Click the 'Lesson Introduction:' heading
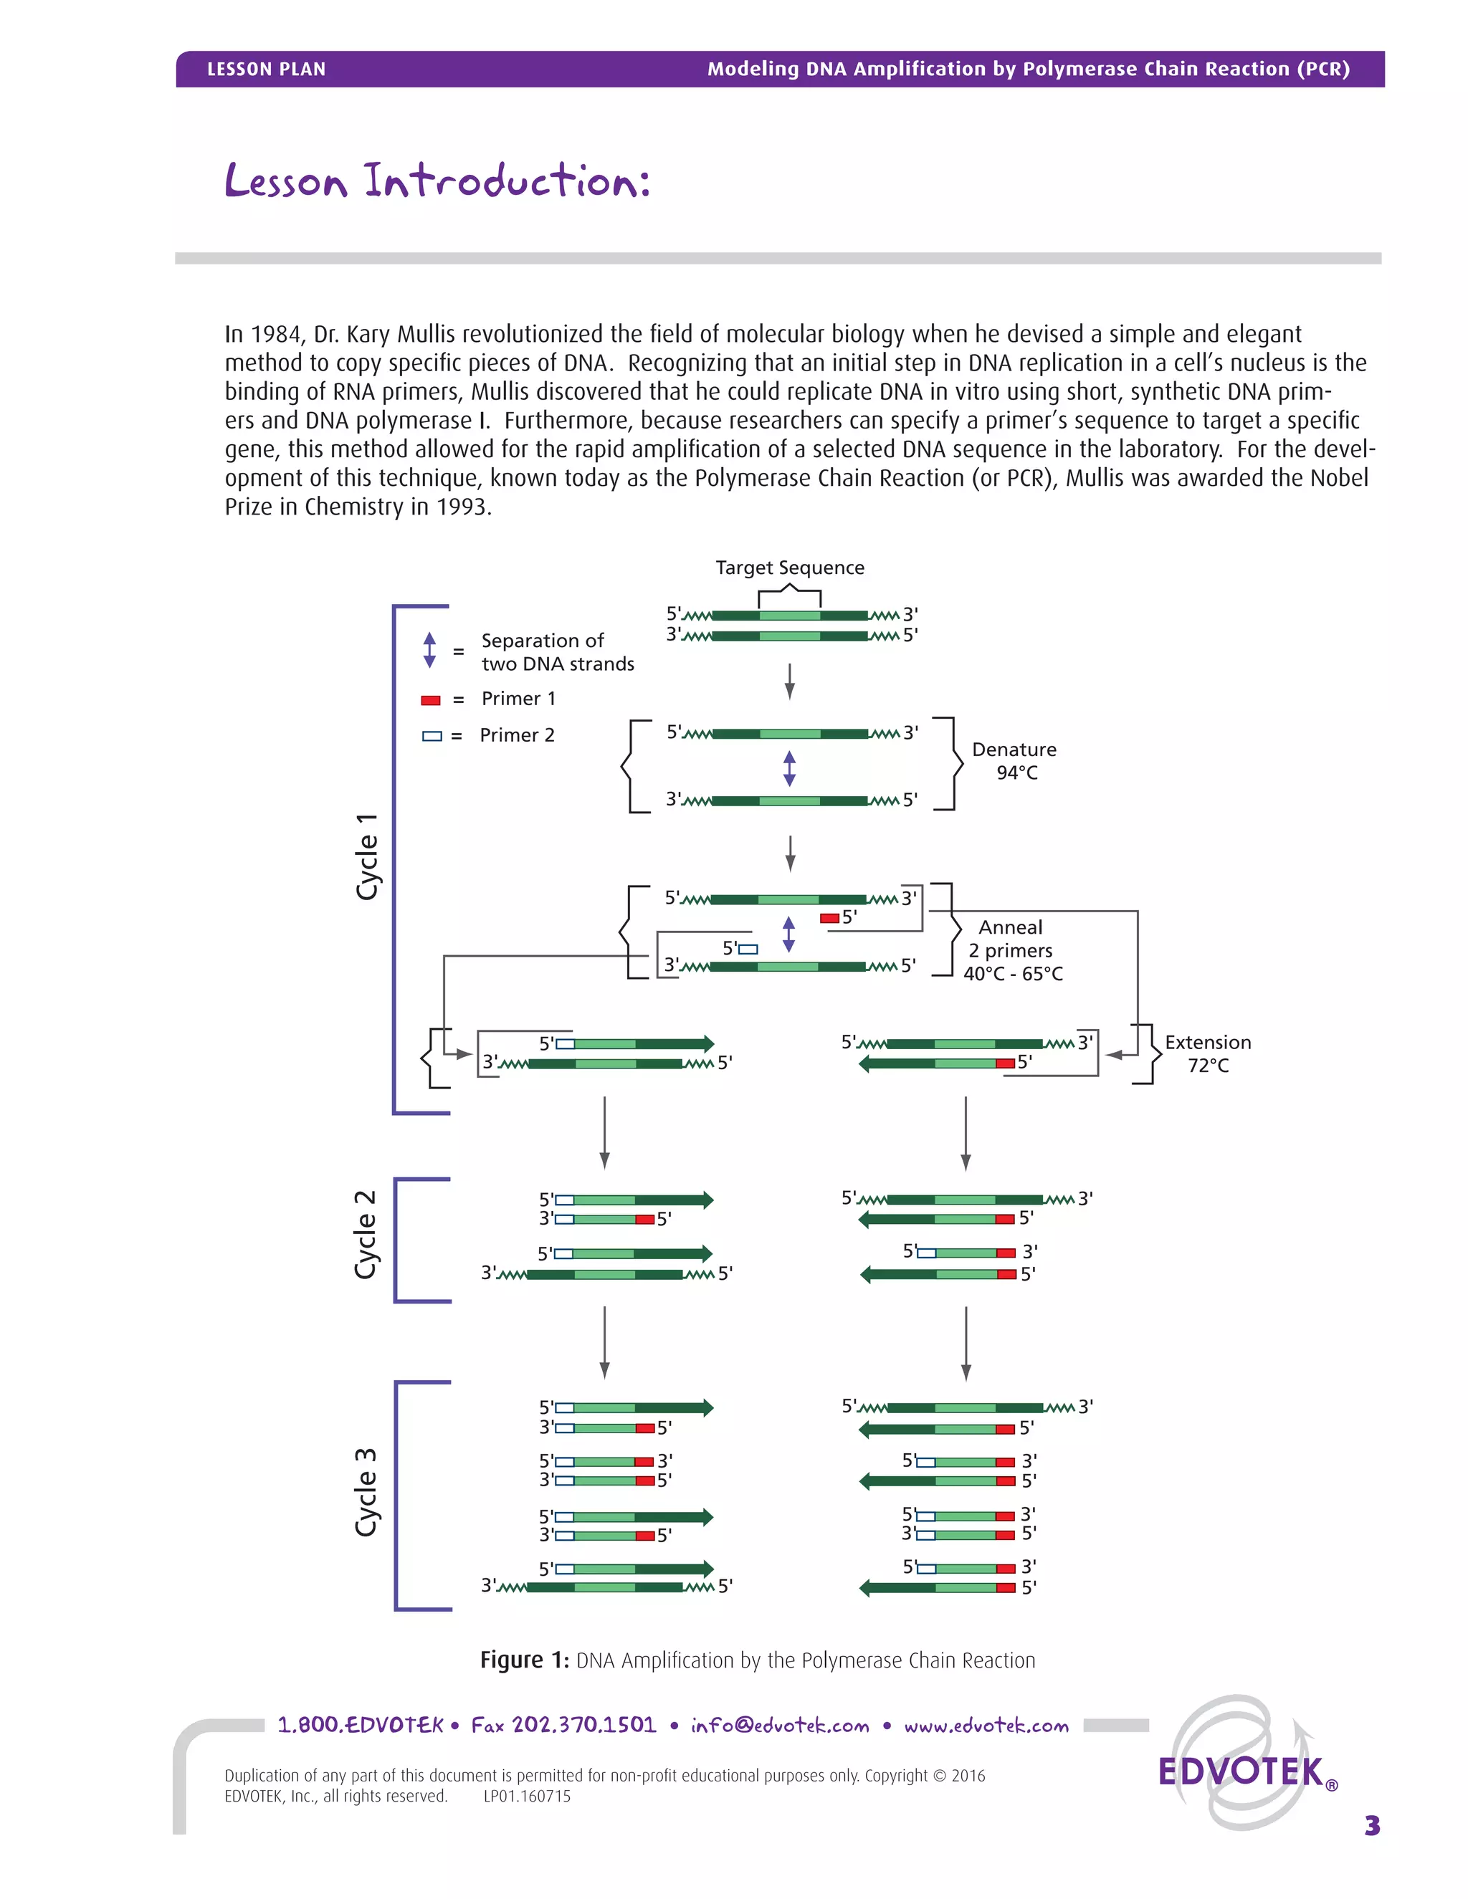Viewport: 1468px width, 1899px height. point(437,181)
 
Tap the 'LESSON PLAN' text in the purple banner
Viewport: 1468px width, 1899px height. point(266,70)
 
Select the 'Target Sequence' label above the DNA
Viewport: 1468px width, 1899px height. point(790,568)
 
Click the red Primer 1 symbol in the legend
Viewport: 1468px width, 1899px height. point(431,700)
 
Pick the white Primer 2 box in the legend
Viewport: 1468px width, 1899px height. point(432,737)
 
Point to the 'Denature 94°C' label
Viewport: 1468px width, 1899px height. point(1014,761)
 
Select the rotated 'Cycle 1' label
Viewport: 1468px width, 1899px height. point(367,857)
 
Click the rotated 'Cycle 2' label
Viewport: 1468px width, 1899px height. point(366,1235)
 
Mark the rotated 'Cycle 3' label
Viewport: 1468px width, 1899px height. point(366,1492)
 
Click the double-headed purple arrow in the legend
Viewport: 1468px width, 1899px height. point(429,651)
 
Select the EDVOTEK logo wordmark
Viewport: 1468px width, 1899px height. point(1240,1772)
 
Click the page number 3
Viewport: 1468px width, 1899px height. point(1371,1826)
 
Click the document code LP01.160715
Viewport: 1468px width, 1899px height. point(527,1797)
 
